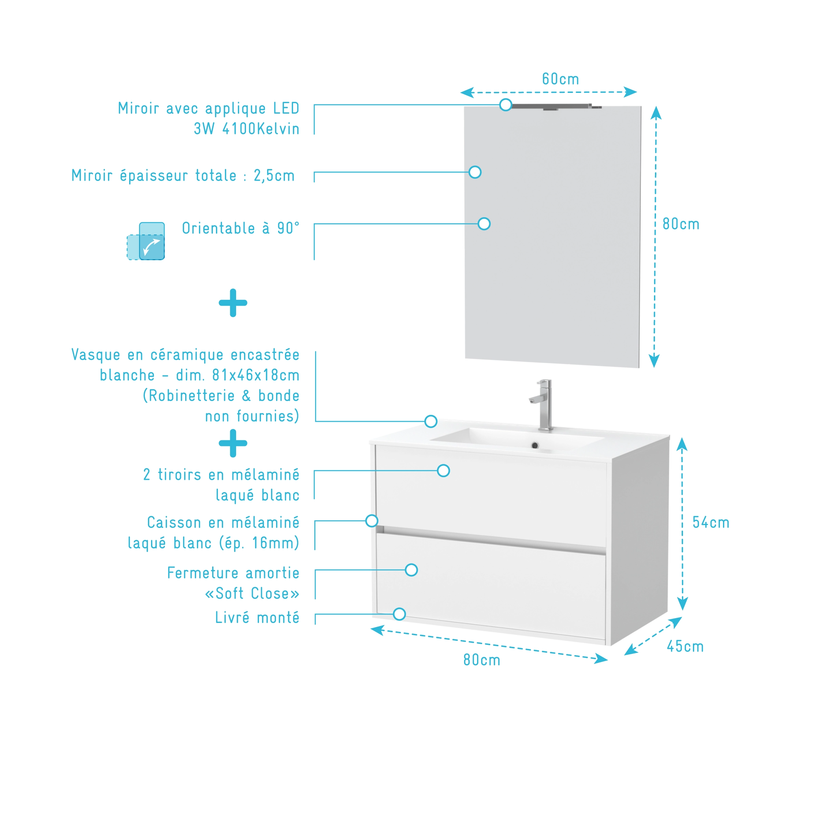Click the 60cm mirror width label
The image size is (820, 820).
click(560, 79)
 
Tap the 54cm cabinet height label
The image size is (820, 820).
click(710, 523)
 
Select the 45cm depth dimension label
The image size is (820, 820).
click(685, 647)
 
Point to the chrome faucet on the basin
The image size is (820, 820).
click(544, 403)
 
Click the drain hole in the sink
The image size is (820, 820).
click(535, 446)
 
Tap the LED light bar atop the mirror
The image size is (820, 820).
click(552, 107)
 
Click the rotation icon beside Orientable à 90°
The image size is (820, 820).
click(146, 241)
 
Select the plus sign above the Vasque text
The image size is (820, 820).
click(233, 303)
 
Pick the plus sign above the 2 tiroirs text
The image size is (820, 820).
click(233, 443)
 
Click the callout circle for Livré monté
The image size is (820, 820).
click(399, 614)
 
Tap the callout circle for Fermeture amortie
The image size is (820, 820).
click(411, 570)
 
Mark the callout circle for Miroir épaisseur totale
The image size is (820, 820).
click(475, 172)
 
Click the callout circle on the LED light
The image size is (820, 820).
click(505, 105)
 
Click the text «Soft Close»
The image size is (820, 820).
click(252, 593)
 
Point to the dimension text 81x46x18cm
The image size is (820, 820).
click(256, 375)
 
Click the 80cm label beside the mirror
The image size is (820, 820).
click(681, 224)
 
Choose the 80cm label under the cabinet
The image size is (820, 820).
click(481, 660)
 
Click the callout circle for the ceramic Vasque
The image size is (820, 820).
click(430, 421)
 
